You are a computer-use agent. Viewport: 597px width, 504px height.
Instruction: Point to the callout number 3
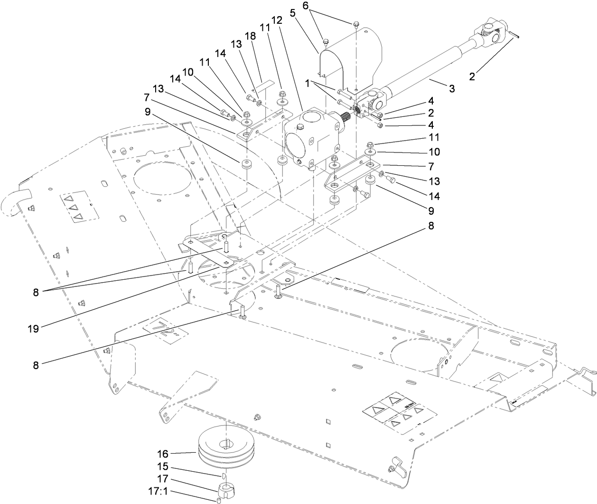(452, 88)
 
